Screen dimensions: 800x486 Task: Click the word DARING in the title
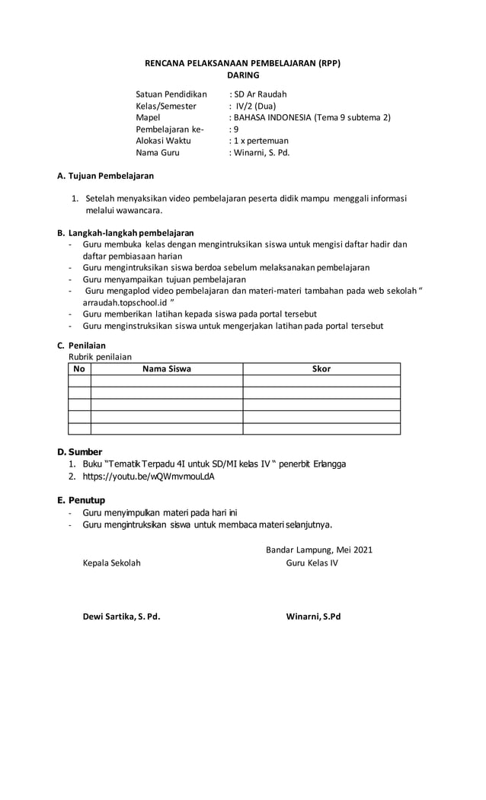click(243, 75)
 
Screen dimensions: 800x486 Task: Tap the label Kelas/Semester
click(166, 106)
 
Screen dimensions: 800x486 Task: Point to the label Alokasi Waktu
click(163, 140)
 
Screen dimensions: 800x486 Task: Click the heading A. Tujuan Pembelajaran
click(106, 176)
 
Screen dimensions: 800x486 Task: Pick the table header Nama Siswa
click(167, 369)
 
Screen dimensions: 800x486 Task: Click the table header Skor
click(321, 369)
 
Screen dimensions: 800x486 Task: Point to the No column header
click(79, 369)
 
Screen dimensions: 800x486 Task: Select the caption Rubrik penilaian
click(101, 356)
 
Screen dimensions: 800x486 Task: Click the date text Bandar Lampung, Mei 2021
click(319, 550)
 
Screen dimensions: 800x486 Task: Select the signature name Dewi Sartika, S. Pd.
click(121, 616)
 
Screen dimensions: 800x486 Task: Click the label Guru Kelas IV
click(312, 563)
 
